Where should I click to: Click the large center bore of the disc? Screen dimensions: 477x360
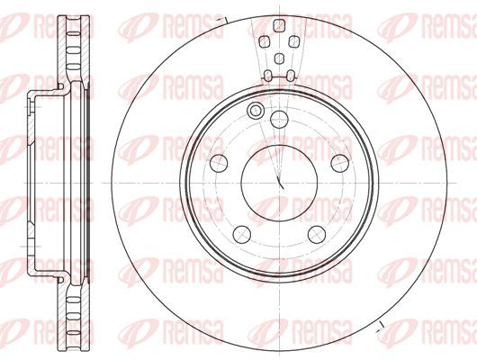click(x=279, y=183)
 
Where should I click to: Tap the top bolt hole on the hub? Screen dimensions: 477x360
click(x=279, y=120)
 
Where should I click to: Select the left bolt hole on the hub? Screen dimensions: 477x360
click(x=219, y=163)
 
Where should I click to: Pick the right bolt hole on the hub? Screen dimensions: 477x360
click(x=340, y=163)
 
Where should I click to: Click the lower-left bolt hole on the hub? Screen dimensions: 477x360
click(x=242, y=234)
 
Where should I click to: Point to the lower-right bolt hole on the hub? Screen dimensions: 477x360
click(x=317, y=234)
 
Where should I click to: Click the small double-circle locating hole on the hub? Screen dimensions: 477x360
click(x=255, y=111)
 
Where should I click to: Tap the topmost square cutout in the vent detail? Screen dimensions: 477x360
click(x=279, y=25)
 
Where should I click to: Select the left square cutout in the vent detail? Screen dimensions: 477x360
click(x=265, y=41)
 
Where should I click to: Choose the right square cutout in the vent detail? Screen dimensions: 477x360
click(x=293, y=41)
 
